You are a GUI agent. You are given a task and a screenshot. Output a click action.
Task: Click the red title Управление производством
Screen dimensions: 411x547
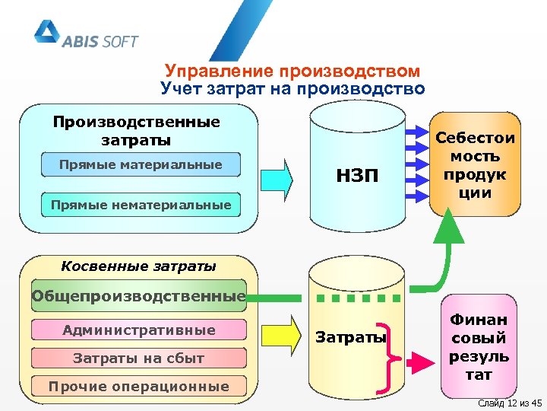[292, 72]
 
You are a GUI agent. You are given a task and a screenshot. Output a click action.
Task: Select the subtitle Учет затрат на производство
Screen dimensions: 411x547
[292, 89]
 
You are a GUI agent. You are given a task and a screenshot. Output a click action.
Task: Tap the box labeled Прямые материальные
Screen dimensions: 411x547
[141, 164]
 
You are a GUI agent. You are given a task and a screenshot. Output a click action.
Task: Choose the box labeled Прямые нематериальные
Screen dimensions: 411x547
[141, 204]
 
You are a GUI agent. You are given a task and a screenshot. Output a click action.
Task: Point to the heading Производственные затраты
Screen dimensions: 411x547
[137, 131]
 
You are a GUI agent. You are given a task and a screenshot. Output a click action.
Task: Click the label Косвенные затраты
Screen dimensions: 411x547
[138, 266]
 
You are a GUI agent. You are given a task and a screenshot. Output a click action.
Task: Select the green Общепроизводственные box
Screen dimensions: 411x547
[139, 295]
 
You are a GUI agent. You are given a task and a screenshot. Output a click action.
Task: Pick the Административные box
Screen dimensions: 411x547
[139, 330]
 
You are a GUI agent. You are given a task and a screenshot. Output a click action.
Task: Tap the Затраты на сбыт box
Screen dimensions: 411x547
[139, 358]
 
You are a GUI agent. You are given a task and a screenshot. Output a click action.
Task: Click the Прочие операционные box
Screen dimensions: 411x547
[139, 386]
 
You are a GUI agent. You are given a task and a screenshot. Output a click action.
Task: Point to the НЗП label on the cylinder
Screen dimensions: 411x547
[356, 177]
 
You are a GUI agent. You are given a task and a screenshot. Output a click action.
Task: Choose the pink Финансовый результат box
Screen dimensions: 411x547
[479, 348]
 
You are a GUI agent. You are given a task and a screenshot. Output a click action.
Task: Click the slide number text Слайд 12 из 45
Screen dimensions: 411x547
[507, 402]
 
